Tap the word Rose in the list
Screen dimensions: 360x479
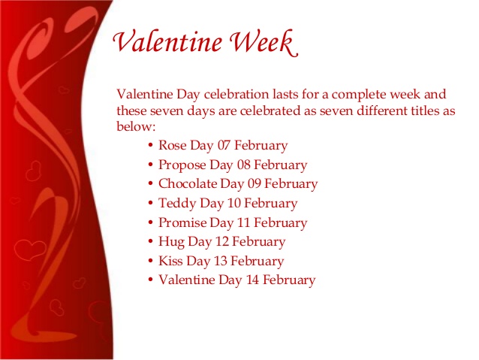click(x=173, y=145)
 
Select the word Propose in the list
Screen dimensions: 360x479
click(x=182, y=165)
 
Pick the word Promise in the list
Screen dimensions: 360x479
click(x=182, y=222)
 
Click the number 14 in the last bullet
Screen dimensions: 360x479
click(x=255, y=280)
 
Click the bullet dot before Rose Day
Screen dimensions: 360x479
click(x=152, y=145)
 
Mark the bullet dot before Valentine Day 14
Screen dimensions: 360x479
click(x=152, y=280)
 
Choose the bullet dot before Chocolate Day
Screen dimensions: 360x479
click(x=152, y=184)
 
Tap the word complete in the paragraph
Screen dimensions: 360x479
click(x=357, y=95)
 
